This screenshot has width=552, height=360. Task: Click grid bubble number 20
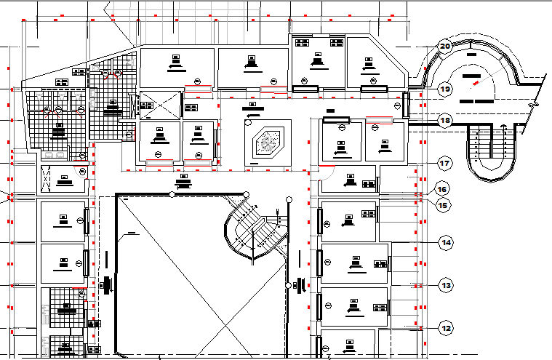[x=444, y=47]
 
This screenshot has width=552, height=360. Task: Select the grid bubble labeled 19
[x=446, y=89]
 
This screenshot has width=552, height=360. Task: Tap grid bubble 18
[x=445, y=121]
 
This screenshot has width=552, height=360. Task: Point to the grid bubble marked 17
[x=445, y=163]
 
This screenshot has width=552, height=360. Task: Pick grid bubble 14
[x=445, y=241]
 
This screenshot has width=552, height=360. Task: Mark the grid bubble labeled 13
[x=446, y=285]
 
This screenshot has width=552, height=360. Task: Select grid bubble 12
[x=446, y=327]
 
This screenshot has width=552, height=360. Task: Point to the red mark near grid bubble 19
[x=476, y=84]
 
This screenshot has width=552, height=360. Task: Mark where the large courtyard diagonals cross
[x=194, y=276]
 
